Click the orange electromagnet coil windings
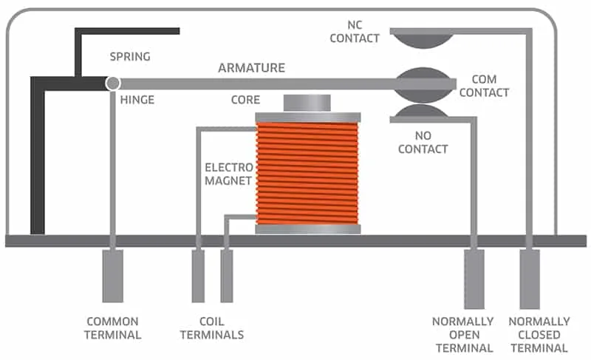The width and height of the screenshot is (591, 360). point(307,174)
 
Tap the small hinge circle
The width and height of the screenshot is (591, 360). point(113,84)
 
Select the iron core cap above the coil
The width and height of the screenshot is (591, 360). point(307,103)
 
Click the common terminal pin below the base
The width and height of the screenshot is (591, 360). point(113,276)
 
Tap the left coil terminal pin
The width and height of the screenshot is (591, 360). point(198,276)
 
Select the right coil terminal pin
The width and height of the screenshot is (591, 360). point(227,276)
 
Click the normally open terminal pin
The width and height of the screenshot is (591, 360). point(474,278)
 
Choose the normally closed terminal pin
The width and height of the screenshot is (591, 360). point(530,278)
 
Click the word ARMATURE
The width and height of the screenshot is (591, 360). point(251,68)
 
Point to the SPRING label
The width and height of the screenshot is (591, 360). point(130,56)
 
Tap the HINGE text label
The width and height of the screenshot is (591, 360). point(137,100)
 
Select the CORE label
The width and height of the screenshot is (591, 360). point(246,100)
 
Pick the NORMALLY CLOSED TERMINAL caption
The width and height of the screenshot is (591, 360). point(539,335)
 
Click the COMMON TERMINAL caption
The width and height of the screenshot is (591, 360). point(113,328)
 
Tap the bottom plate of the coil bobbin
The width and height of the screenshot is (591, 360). point(307,229)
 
